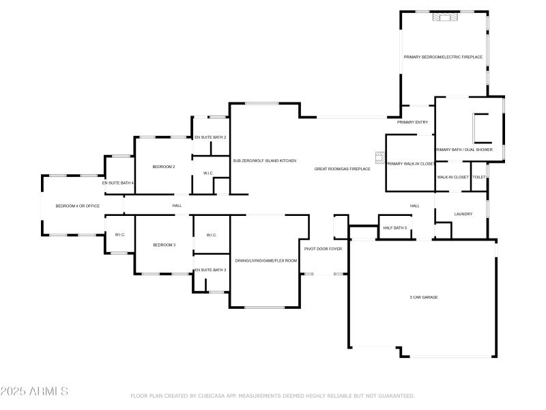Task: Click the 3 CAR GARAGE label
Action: [423, 297]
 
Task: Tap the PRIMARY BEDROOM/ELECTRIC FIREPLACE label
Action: [443, 57]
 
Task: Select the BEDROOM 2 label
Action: [164, 167]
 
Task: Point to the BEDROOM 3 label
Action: [164, 245]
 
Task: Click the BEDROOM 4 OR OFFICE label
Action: [78, 206]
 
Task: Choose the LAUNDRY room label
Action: [463, 214]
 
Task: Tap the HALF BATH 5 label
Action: [394, 228]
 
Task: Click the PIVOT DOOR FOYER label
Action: [323, 249]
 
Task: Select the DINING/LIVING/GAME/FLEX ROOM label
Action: [265, 260]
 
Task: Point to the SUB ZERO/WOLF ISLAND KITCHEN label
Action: [264, 160]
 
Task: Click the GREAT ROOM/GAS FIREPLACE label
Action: [342, 168]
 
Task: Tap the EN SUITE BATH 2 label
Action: [210, 137]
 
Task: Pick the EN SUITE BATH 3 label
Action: [210, 270]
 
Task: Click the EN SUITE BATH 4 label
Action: [118, 183]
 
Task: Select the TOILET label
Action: [479, 177]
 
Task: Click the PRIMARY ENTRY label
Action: [412, 122]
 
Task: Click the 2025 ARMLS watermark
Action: [34, 392]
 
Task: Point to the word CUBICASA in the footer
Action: [213, 396]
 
